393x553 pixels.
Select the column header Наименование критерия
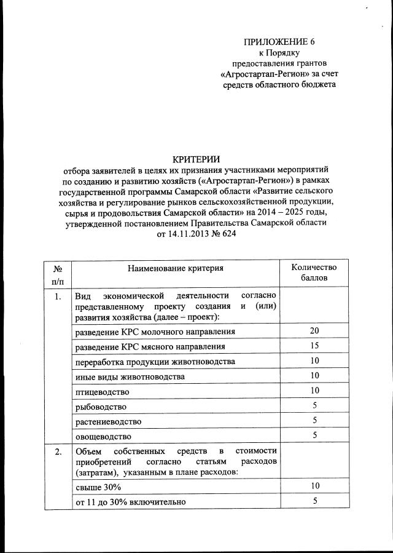(176, 268)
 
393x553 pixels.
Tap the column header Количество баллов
(314, 273)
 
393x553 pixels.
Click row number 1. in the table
(57, 297)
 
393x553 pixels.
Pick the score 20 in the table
(314, 332)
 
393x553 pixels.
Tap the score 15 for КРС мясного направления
(314, 346)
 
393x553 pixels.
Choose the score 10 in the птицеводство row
(314, 391)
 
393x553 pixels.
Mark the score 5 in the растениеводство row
(314, 421)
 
